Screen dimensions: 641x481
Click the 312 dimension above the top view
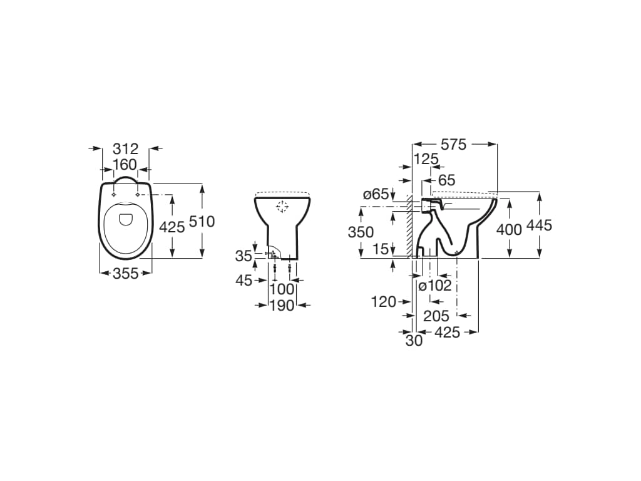(x=125, y=149)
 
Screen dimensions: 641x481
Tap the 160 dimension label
(x=125, y=165)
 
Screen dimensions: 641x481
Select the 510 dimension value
(x=201, y=222)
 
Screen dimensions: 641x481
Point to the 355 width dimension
(x=125, y=274)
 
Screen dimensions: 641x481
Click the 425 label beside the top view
(x=172, y=227)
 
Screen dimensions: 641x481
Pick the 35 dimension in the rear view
(x=244, y=256)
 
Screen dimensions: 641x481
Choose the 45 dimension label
(x=244, y=281)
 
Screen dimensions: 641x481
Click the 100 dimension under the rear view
(x=282, y=289)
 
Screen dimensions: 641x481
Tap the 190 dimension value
(x=282, y=305)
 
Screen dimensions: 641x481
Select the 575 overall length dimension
(x=453, y=145)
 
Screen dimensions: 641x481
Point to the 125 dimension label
(x=426, y=159)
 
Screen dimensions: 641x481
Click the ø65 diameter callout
(x=376, y=195)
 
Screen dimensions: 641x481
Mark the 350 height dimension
(x=361, y=232)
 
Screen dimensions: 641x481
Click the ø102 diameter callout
(x=435, y=286)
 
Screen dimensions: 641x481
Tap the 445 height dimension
(x=539, y=225)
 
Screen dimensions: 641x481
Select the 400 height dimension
(x=509, y=230)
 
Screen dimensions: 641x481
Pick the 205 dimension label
(x=436, y=316)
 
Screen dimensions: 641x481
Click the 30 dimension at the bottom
(x=414, y=341)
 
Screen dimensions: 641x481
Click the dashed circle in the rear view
(x=282, y=207)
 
